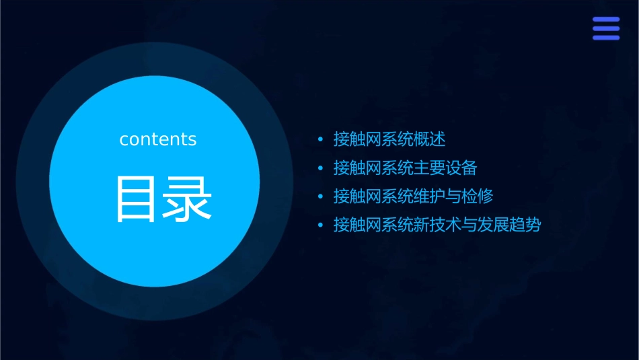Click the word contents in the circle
click(158, 139)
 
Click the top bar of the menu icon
click(605, 20)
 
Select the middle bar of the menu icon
click(605, 28)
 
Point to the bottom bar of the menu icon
click(605, 37)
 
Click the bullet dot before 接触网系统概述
click(320, 140)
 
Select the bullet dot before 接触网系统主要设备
click(320, 168)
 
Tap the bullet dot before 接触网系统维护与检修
click(320, 196)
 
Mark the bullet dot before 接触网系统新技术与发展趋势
click(320, 225)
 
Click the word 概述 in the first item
click(430, 139)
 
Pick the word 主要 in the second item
click(430, 168)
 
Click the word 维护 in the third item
click(430, 196)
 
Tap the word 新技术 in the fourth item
click(439, 225)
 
